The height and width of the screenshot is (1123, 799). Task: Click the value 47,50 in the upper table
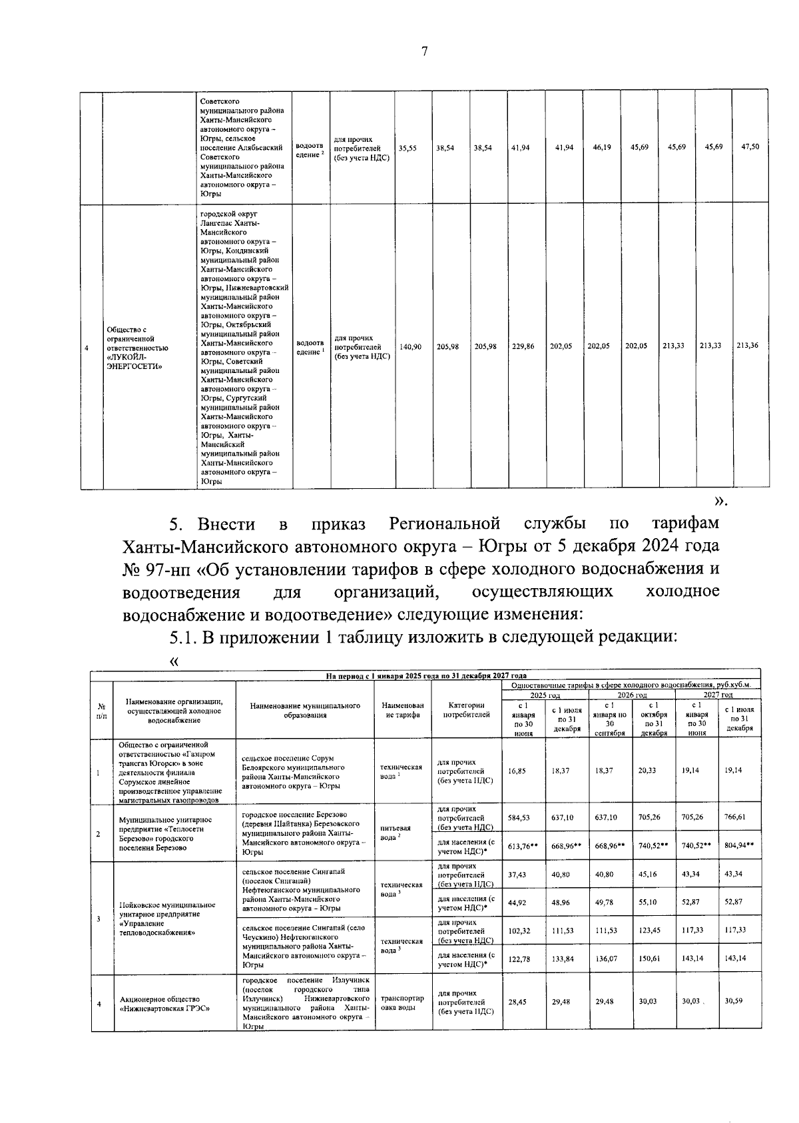[750, 147]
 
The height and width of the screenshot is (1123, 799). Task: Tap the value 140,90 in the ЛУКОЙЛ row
[411, 346]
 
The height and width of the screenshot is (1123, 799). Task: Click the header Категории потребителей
[466, 710]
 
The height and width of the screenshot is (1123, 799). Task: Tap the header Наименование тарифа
[402, 710]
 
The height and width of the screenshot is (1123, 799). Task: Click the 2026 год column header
[632, 695]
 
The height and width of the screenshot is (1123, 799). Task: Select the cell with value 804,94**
[739, 845]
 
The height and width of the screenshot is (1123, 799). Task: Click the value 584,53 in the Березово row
[518, 817]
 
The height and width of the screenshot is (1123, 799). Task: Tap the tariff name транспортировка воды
[402, 1003]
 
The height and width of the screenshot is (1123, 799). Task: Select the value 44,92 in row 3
[517, 902]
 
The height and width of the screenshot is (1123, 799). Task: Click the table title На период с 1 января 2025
[426, 675]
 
